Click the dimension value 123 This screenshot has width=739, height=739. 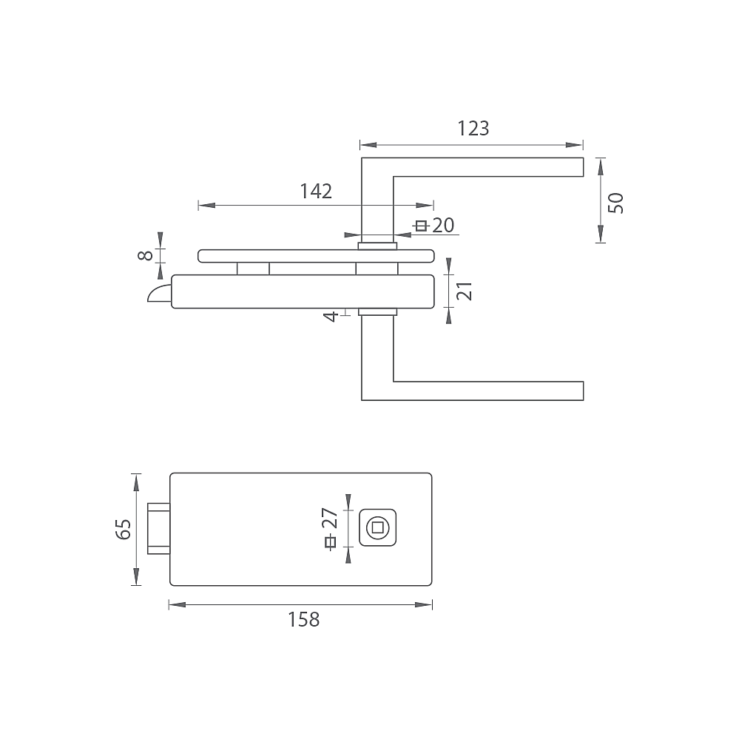473,128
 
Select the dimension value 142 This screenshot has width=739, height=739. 316,192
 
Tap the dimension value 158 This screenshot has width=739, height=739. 303,619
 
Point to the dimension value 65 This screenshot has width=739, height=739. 123,529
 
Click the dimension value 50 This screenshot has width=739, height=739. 615,203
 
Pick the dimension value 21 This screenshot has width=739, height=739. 465,291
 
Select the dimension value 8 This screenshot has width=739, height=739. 145,255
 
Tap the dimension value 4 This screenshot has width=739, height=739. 331,317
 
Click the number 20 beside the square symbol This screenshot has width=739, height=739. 443,226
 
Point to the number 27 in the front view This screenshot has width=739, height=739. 330,518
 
